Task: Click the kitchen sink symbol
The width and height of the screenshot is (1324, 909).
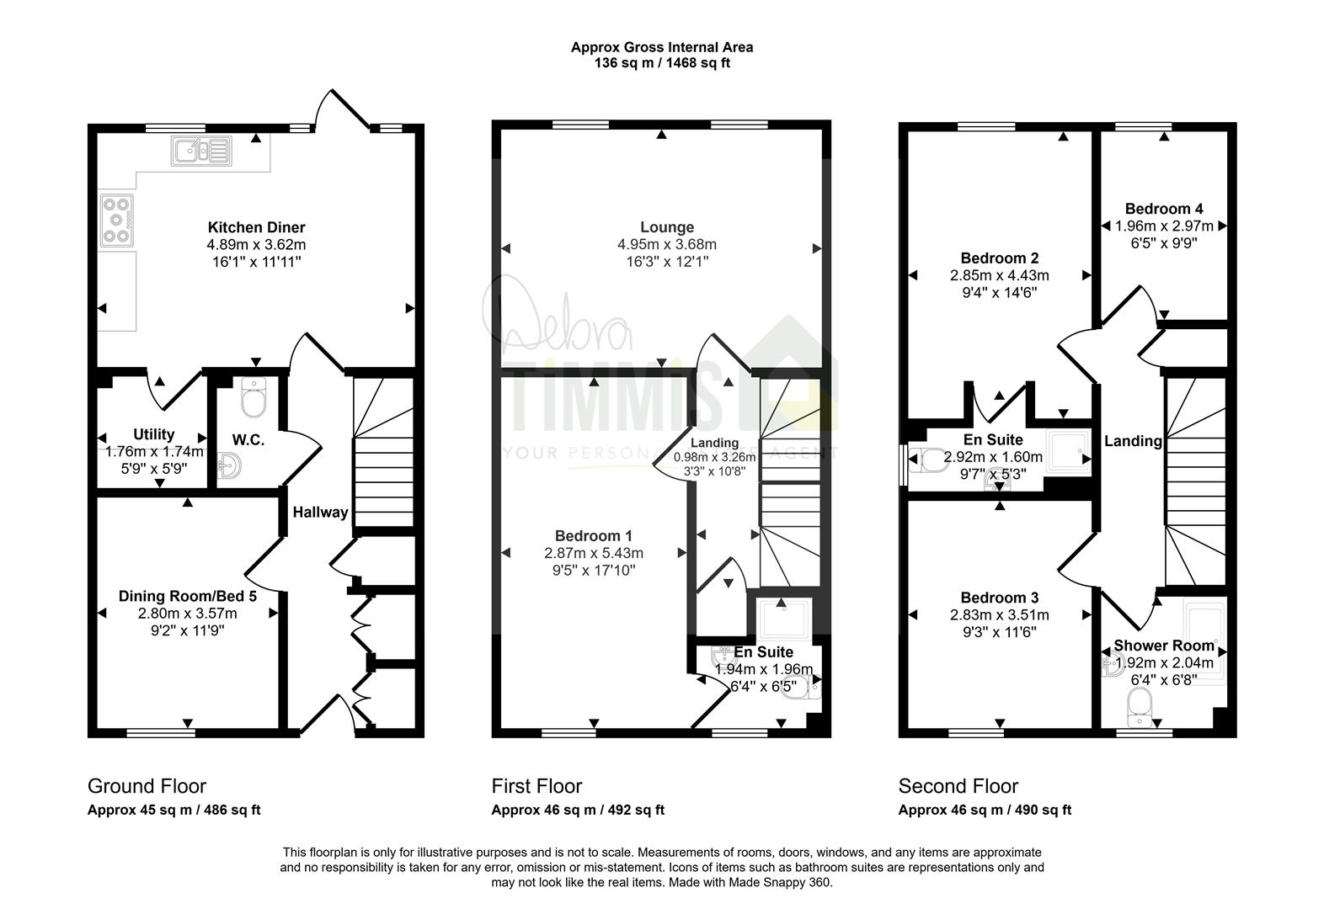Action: click(x=201, y=151)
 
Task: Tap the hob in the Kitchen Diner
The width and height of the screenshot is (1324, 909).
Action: click(x=116, y=221)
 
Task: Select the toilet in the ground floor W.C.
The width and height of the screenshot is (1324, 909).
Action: click(x=254, y=397)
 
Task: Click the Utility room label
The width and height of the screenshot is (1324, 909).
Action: click(x=153, y=434)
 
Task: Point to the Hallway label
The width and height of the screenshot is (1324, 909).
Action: click(x=320, y=512)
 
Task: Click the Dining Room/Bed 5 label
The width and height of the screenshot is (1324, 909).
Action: click(x=187, y=596)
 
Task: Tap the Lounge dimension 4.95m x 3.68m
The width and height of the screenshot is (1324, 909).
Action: click(x=667, y=244)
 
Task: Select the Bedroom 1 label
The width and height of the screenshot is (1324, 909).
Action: click(x=594, y=535)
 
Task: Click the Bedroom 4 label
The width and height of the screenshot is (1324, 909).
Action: click(x=1164, y=209)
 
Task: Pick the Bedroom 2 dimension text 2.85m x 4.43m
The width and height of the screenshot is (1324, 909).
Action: click(x=1000, y=275)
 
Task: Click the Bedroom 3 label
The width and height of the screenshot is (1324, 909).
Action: click(x=1000, y=598)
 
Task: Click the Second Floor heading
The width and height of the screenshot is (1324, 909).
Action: click(x=958, y=786)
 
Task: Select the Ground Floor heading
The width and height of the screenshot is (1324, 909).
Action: click(x=147, y=786)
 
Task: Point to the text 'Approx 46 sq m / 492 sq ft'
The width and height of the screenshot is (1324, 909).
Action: click(x=578, y=810)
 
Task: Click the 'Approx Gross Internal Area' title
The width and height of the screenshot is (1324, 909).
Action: click(x=662, y=47)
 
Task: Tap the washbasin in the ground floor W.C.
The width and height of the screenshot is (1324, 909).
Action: click(x=229, y=465)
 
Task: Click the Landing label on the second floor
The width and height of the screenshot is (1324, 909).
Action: click(x=1133, y=441)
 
